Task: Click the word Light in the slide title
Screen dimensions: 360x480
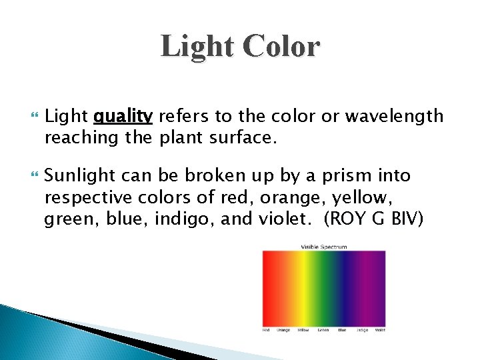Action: tap(198, 47)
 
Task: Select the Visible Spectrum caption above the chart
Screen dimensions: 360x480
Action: tap(324, 247)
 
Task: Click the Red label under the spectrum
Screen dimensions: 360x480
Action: tap(266, 330)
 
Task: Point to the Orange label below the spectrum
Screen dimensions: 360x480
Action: tap(284, 330)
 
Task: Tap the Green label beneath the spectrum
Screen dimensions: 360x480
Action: tap(323, 330)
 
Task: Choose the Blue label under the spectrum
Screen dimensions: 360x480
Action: tap(342, 330)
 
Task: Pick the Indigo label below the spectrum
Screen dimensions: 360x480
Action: tap(362, 330)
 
